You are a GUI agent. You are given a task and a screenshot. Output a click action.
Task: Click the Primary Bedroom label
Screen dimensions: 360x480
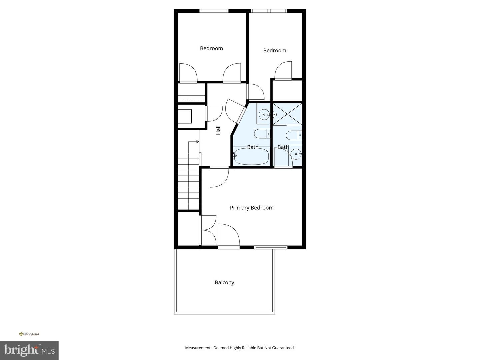click(x=252, y=208)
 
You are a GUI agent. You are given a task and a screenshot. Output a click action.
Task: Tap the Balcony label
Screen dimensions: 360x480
click(x=224, y=282)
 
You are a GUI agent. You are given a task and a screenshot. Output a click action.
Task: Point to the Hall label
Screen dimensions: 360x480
click(x=218, y=130)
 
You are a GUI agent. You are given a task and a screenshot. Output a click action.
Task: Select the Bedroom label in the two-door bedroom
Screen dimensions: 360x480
click(x=211, y=48)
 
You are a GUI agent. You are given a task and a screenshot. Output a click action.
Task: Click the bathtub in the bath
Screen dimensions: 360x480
click(x=251, y=156)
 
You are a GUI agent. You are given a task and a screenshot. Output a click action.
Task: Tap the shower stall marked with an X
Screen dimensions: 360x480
click(x=287, y=114)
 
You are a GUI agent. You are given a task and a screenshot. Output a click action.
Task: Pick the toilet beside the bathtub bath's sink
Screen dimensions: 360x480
click(x=262, y=134)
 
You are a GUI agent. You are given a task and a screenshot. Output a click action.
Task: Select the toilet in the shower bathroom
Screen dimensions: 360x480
click(x=294, y=135)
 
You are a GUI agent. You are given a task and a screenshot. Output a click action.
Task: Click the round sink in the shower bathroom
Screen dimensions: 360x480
click(x=296, y=154)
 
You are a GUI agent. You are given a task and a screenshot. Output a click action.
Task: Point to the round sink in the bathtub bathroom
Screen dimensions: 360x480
click(x=264, y=115)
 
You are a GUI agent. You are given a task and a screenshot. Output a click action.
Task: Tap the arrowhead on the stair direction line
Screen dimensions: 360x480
click(x=198, y=142)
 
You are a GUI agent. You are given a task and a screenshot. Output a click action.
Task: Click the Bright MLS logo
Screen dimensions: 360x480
click(x=29, y=350)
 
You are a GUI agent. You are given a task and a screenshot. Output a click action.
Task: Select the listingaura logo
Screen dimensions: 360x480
click(x=29, y=334)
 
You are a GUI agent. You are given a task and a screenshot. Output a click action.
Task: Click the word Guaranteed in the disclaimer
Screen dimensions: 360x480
click(x=283, y=348)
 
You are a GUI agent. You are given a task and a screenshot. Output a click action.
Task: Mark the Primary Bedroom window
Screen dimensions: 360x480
click(x=271, y=247)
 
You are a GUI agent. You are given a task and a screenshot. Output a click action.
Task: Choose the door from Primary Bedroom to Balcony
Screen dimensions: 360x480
click(x=229, y=247)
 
